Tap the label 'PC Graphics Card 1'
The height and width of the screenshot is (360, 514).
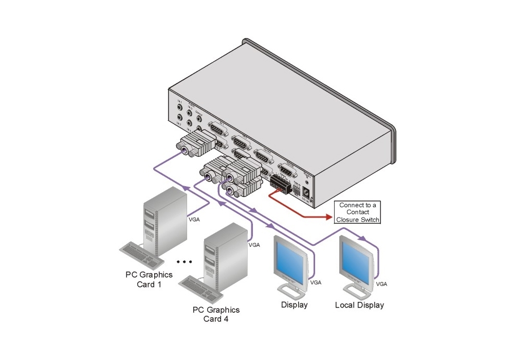pyautogui.click(x=149, y=279)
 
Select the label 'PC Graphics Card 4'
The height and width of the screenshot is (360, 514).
pyautogui.click(x=216, y=314)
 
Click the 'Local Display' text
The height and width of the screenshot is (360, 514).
pyautogui.click(x=359, y=305)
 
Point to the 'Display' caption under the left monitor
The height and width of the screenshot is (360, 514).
pyautogui.click(x=294, y=305)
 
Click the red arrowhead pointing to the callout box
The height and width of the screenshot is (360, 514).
pyautogui.click(x=328, y=217)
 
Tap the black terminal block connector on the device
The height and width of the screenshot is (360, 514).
pyautogui.click(x=280, y=183)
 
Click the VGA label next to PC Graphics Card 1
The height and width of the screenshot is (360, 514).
pyautogui.click(x=194, y=219)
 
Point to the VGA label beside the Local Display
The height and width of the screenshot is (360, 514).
pyautogui.click(x=381, y=284)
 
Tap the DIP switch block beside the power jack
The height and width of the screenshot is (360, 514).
pyautogui.click(x=297, y=188)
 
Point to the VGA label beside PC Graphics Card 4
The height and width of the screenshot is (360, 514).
pyautogui.click(x=254, y=245)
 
